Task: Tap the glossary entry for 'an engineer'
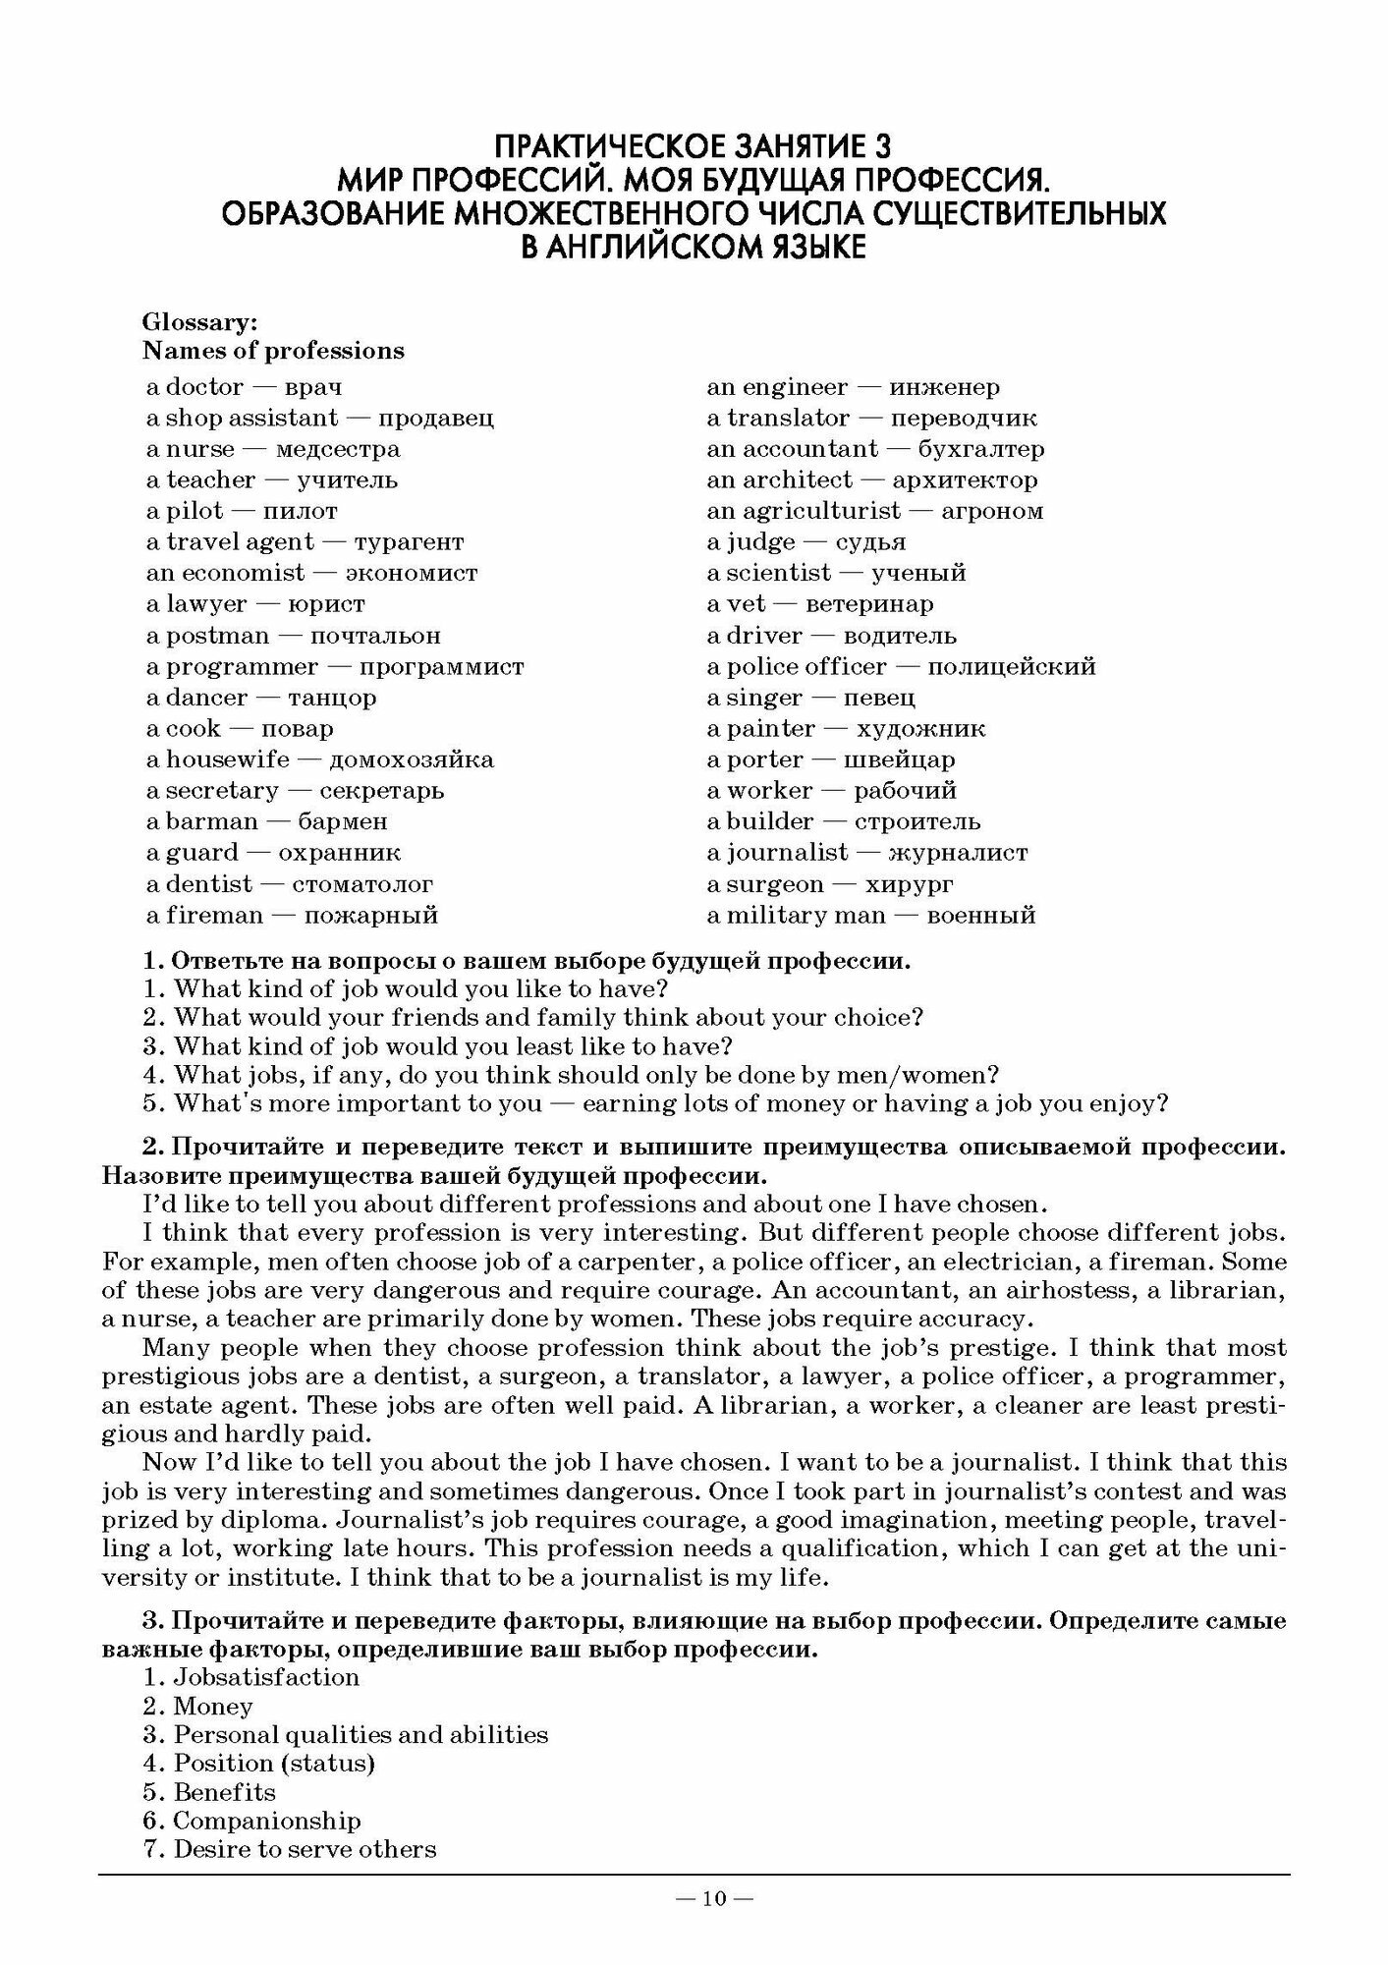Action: [x=853, y=387]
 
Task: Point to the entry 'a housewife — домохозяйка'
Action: [x=319, y=759]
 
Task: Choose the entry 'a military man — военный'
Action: [x=870, y=915]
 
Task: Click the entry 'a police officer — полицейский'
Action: [x=900, y=666]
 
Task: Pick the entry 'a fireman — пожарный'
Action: [x=292, y=915]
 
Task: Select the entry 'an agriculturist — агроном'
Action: [x=874, y=511]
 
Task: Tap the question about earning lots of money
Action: [x=655, y=1102]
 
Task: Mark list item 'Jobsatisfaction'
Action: [x=250, y=1676]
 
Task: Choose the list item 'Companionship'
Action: [x=251, y=1821]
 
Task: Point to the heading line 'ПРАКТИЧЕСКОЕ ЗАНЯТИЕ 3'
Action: [x=694, y=146]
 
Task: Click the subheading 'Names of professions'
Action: [x=273, y=351]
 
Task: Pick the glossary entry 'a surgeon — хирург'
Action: [x=830, y=884]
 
